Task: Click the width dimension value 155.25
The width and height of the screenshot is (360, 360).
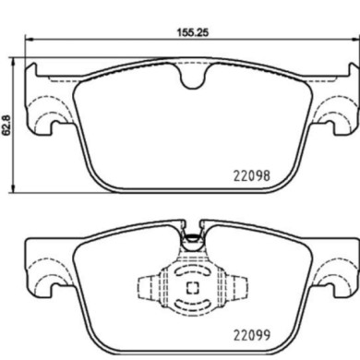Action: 188,30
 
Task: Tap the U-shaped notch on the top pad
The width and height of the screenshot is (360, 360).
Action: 193,80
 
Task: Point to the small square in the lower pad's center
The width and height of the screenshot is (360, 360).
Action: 193,285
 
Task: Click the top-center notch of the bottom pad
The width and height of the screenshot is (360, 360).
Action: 193,237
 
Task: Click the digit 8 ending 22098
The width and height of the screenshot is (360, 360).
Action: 265,173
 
